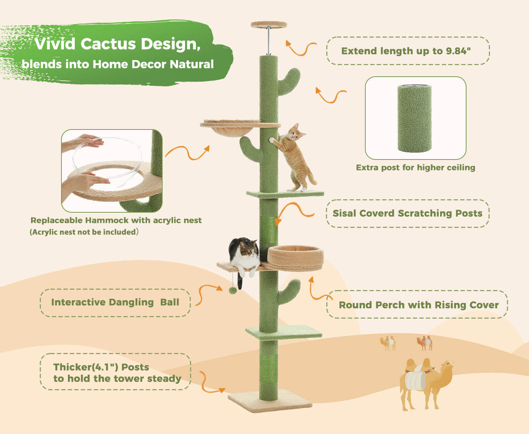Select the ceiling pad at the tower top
269,25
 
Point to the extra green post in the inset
414,119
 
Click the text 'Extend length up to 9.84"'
406,51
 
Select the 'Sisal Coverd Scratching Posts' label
408,213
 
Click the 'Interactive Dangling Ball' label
115,302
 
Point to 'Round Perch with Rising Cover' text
418,305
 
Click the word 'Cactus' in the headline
108,44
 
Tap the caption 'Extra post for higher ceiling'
416,167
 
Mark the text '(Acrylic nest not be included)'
84,232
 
